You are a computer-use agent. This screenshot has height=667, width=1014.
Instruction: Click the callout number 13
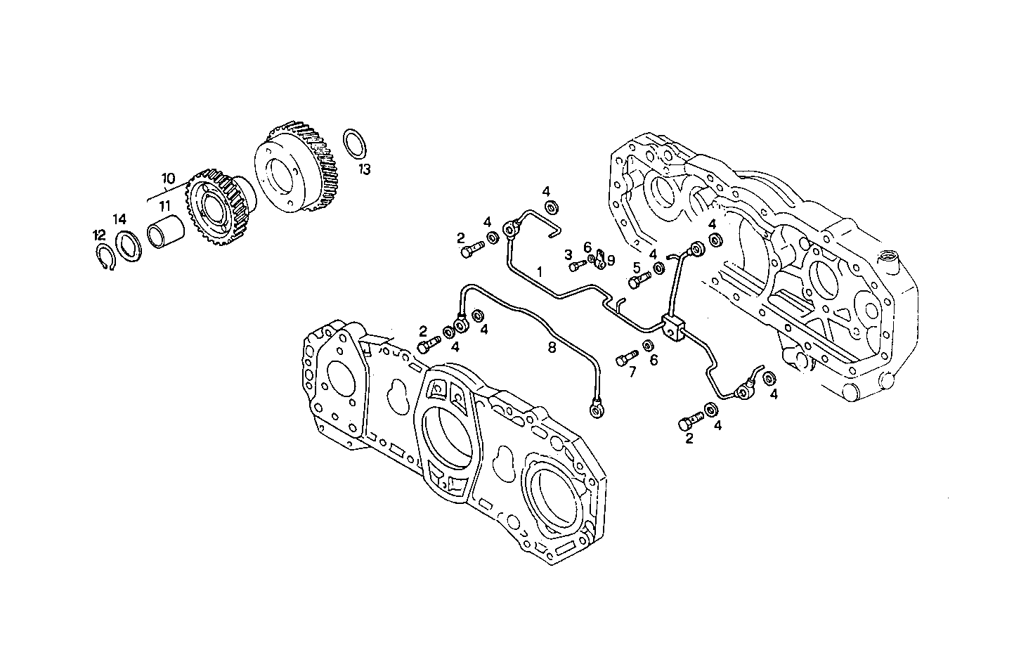click(364, 169)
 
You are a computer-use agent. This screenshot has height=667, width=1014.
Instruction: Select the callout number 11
click(164, 206)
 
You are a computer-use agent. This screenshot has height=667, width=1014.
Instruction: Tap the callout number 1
click(539, 271)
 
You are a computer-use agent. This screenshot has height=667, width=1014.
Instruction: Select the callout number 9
click(611, 260)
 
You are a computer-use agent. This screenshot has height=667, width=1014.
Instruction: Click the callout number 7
click(632, 373)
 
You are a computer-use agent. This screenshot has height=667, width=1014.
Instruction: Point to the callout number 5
click(636, 267)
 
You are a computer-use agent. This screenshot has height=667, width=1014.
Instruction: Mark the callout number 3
click(568, 254)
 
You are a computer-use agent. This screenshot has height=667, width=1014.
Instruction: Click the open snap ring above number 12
click(105, 258)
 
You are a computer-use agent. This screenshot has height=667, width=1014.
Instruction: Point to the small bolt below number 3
click(577, 266)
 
